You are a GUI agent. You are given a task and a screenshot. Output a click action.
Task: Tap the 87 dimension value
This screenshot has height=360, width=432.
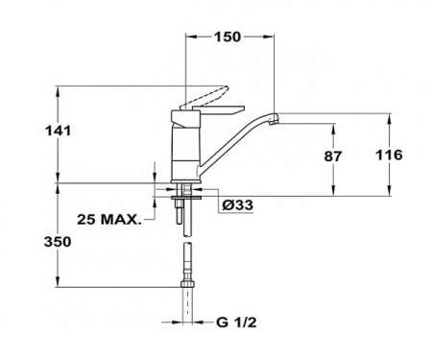358,155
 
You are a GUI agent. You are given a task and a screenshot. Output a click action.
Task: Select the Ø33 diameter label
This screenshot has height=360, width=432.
234,205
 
